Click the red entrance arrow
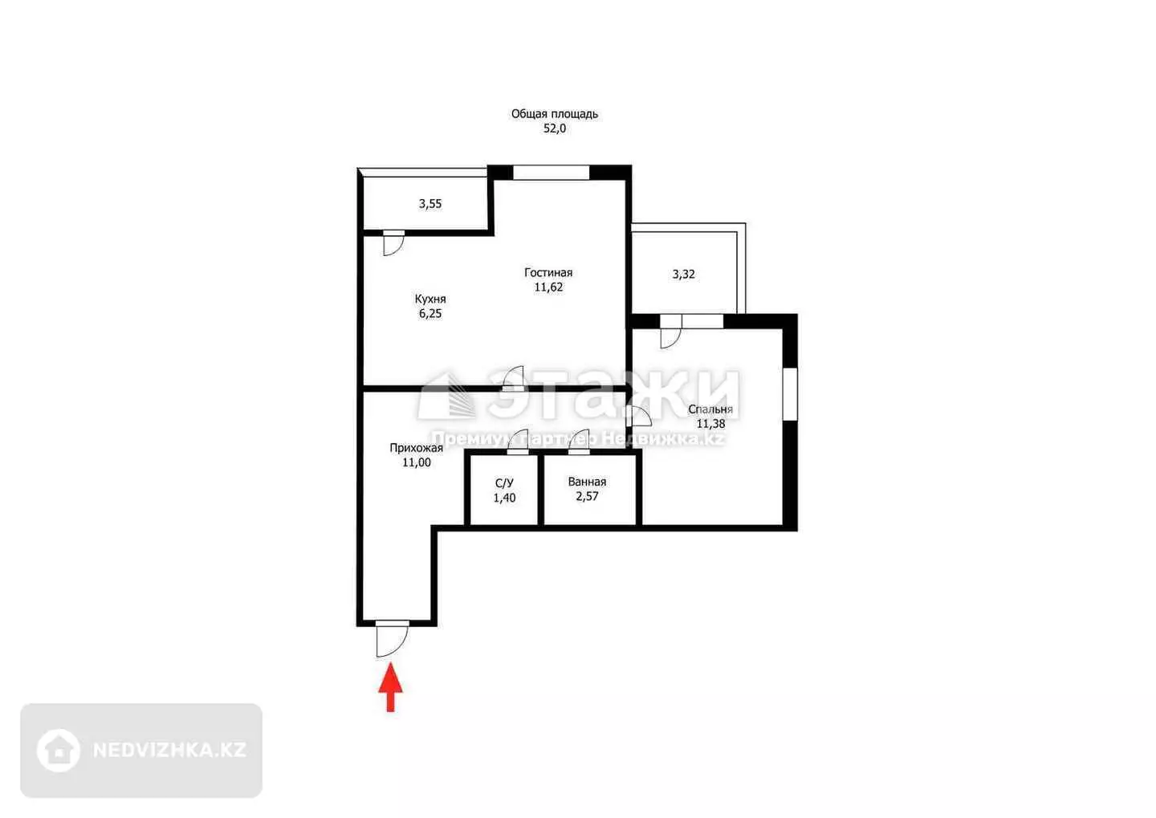coord(391,687)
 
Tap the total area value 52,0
coord(554,128)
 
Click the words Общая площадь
coord(554,113)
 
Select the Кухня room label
coord(430,299)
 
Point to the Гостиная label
coord(548,272)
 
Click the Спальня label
coord(710,409)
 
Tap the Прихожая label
coord(416,448)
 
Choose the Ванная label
coord(587,482)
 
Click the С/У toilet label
coord(504,483)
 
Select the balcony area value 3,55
coord(430,204)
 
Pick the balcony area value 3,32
coord(683,274)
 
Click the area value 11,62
coord(548,287)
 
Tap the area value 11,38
coord(710,424)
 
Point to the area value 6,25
coord(430,313)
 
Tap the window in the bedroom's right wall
coord(790,394)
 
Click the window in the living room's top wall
coord(552,173)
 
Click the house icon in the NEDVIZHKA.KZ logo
coord(59,750)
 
